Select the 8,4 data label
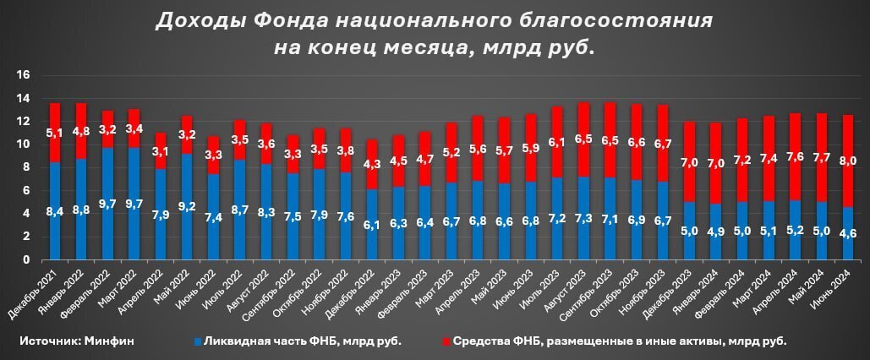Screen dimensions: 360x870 (x=55, y=213)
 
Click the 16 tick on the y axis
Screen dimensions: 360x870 (x=24, y=75)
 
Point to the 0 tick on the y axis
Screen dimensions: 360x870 (x=27, y=260)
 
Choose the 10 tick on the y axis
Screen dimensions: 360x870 (x=24, y=145)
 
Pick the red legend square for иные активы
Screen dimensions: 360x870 (x=446, y=341)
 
